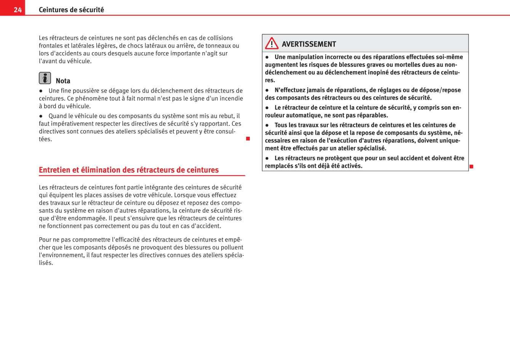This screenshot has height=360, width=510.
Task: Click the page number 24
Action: (18, 10)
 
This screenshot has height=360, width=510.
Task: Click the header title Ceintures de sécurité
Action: (71, 10)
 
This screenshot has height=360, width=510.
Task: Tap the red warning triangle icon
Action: (272, 43)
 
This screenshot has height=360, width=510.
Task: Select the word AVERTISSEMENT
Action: (309, 44)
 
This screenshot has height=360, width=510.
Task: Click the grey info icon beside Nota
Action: (45, 78)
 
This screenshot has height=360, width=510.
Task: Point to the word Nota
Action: (63, 81)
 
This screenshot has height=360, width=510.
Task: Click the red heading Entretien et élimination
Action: (129, 170)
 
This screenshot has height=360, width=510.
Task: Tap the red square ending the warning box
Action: (471, 166)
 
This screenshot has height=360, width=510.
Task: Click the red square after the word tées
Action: (248, 139)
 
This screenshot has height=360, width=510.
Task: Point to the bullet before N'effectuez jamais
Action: (267, 90)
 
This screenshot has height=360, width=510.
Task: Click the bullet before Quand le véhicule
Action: (41, 116)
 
